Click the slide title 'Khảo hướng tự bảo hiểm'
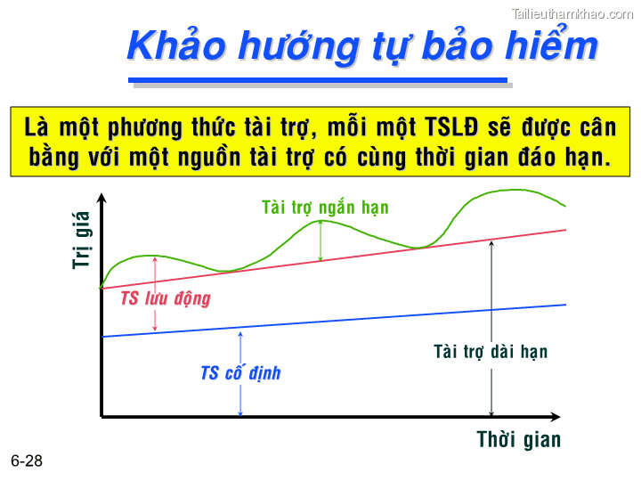point(361,45)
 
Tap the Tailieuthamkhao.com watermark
point(572,13)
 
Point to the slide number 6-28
point(27,461)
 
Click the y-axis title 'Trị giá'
point(82,239)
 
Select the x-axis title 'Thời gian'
point(519,440)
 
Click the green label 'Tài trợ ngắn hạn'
point(325,208)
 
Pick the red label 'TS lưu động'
point(166,298)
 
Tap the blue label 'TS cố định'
point(240,373)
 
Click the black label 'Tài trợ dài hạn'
point(491,352)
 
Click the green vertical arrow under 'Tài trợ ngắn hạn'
point(320,240)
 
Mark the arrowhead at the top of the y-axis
point(101,199)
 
